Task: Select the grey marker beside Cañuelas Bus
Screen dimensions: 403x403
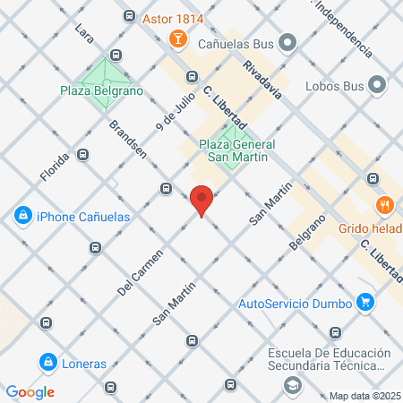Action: (x=287, y=41)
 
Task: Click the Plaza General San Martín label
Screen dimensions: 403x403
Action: (x=236, y=151)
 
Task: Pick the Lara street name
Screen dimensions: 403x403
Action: (x=86, y=34)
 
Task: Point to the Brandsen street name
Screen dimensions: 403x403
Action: (x=128, y=138)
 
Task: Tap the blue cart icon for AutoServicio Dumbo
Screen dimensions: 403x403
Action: (x=364, y=302)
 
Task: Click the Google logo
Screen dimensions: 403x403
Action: (x=30, y=392)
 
